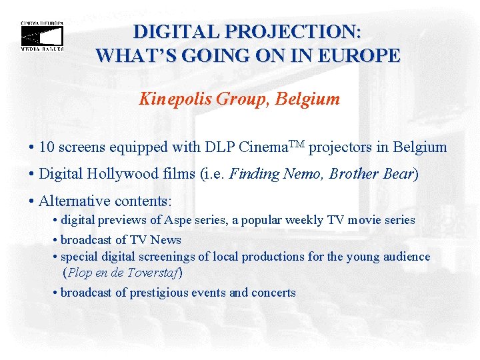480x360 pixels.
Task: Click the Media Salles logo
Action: click(42, 36)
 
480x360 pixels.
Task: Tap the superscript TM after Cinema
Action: click(297, 143)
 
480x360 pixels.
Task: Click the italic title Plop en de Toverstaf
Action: click(122, 273)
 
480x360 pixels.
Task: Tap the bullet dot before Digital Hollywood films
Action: click(33, 175)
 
